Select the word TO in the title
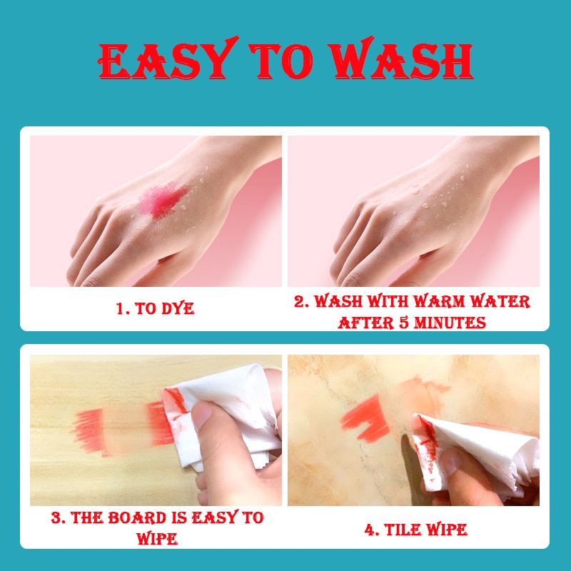click(281, 61)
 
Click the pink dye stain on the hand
click(163, 200)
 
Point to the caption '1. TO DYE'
click(156, 309)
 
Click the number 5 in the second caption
click(404, 323)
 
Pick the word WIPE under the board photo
click(157, 539)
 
